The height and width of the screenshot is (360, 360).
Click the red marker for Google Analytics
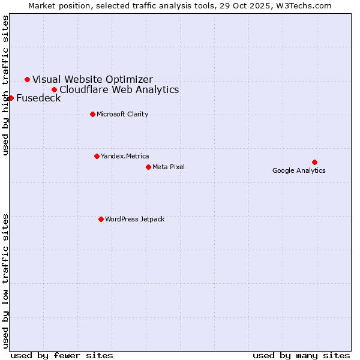click(x=314, y=162)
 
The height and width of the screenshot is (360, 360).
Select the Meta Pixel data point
click(x=148, y=167)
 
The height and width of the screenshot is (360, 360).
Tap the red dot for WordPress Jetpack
click(x=101, y=219)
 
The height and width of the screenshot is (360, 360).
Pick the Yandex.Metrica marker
click(x=97, y=156)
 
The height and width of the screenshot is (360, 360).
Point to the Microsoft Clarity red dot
click(x=92, y=114)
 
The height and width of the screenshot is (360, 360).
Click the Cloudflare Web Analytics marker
click(x=54, y=89)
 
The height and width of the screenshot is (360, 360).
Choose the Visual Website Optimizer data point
click(x=27, y=79)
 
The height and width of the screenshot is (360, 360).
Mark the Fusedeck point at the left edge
click(x=11, y=98)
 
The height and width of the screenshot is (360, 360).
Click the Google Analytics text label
click(x=299, y=171)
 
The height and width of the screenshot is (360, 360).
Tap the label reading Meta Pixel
click(x=169, y=167)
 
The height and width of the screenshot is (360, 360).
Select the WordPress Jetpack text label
click(x=134, y=219)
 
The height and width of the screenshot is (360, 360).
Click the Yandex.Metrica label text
click(x=125, y=156)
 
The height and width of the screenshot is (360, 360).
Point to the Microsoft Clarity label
click(x=122, y=114)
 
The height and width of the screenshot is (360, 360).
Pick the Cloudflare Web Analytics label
click(x=119, y=90)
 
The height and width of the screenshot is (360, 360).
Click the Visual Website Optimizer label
click(x=92, y=79)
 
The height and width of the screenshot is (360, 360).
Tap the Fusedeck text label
click(x=38, y=98)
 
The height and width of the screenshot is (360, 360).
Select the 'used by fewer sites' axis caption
click(x=62, y=355)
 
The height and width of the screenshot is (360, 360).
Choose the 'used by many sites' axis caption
click(x=301, y=355)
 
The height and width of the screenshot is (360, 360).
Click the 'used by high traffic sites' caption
click(x=6, y=85)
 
